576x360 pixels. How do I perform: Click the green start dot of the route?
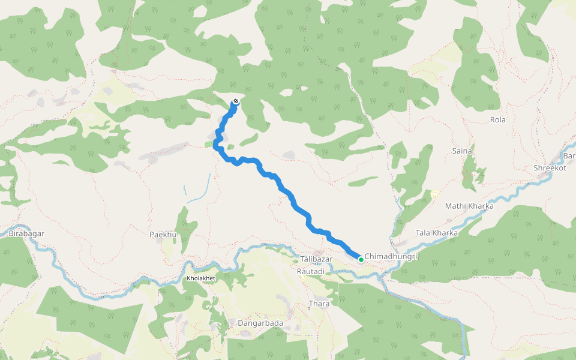click(361, 259)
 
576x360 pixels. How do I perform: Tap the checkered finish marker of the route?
click(236, 101)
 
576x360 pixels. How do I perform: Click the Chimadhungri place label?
click(391, 256)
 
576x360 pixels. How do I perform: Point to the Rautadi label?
click(311, 271)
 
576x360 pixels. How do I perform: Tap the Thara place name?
click(319, 304)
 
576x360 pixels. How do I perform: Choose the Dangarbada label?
click(260, 323)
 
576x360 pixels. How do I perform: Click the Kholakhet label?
click(200, 279)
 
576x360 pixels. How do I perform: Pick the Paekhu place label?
click(162, 234)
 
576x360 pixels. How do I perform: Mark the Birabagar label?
click(27, 233)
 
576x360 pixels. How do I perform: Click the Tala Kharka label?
click(436, 233)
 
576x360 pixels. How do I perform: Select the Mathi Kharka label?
click(469, 206)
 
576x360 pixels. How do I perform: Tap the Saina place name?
click(462, 151)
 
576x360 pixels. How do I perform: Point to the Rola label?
click(497, 119)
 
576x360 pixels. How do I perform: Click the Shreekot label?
click(550, 168)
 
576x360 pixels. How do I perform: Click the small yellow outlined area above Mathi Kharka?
click(434, 194)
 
